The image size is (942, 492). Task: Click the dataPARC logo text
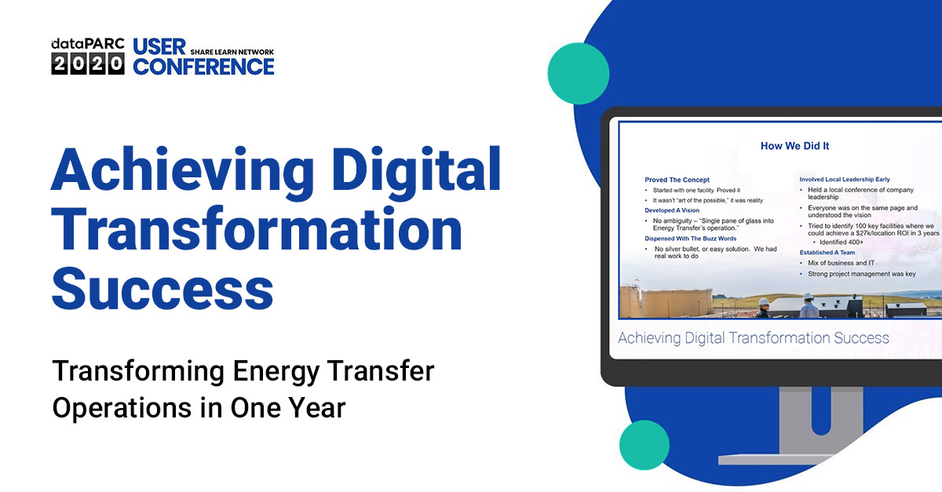tap(88, 45)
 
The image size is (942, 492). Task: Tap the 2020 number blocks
tap(88, 64)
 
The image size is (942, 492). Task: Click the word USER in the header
tap(159, 47)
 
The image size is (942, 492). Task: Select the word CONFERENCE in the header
tap(203, 67)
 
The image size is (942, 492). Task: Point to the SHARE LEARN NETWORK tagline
tap(232, 52)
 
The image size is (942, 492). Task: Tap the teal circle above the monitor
tap(579, 74)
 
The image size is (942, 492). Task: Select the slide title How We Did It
tap(794, 145)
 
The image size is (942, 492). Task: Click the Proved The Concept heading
tap(677, 180)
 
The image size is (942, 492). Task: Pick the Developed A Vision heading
tap(672, 210)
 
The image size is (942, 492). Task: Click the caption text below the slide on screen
tap(753, 338)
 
